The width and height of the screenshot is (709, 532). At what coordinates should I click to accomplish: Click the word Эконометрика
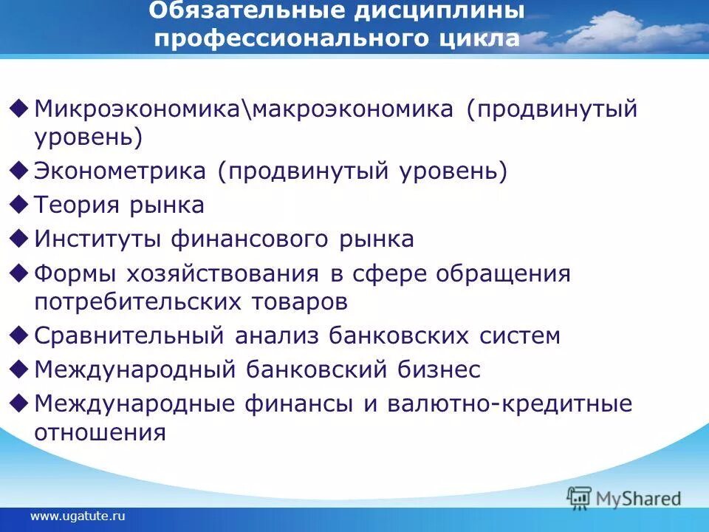pos(120,171)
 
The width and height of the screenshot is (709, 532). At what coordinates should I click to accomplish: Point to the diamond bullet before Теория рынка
pos(21,203)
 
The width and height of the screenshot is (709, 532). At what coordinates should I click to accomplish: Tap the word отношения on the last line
pos(100,432)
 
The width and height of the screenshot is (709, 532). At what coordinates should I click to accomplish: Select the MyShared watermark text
pos(638,499)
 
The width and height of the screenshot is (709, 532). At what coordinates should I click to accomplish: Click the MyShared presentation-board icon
pos(580,498)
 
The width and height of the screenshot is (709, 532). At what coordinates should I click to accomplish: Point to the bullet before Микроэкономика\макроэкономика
pos(21,109)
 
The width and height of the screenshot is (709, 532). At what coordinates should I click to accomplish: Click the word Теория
pos(77,205)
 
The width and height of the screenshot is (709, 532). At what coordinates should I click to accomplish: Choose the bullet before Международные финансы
pos(21,403)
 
